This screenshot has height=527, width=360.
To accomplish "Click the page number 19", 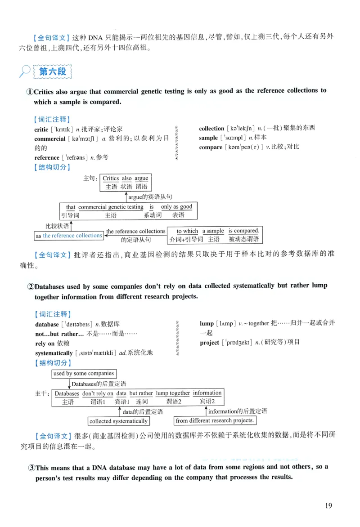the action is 328,505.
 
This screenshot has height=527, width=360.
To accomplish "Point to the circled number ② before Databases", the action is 31,286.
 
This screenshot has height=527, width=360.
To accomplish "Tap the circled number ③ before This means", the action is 31,467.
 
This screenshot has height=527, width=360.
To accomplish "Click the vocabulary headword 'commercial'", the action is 50,139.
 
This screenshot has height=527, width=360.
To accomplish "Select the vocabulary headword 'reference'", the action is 47,158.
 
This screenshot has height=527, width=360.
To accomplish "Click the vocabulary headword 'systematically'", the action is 54,353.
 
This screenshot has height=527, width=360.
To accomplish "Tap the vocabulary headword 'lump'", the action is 207,324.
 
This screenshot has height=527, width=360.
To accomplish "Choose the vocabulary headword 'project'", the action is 209,343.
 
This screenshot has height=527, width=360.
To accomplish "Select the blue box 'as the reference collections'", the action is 69,236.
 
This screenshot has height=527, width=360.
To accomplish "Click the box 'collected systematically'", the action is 118,421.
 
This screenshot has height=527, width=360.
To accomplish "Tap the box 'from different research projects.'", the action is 215,421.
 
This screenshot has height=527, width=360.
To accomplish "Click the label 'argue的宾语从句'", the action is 150,197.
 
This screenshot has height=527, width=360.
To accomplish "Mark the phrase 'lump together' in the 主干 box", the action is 173,393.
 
